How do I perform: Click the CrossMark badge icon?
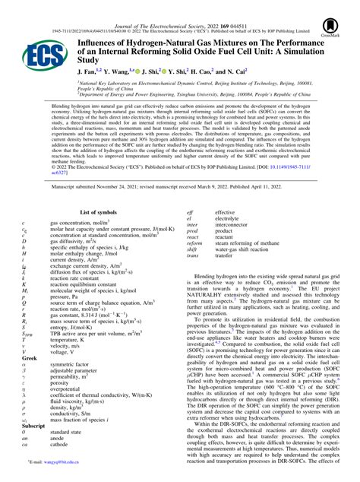[331, 24]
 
